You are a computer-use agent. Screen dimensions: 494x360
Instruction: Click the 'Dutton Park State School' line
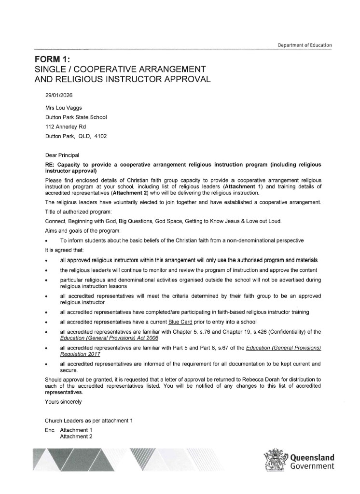coord(76,117)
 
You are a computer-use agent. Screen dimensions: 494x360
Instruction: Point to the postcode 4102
coord(100,136)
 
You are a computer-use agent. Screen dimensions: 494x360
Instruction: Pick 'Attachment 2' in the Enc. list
coord(76,436)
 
